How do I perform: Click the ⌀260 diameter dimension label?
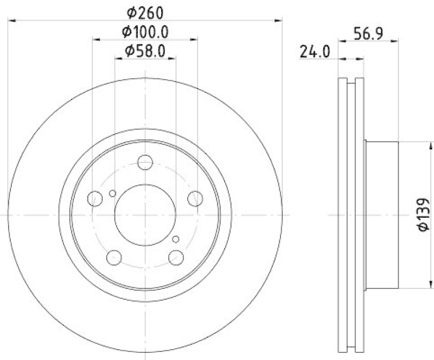click(145, 11)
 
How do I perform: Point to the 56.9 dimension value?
click(369, 32)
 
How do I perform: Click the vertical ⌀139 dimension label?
click(424, 216)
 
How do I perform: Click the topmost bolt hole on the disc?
click(145, 162)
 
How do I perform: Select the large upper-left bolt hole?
click(95, 199)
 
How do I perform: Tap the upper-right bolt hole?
click(195, 199)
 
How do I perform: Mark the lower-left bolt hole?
click(114, 257)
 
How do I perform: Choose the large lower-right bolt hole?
click(176, 257)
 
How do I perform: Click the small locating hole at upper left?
click(112, 193)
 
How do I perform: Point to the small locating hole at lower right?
click(175, 239)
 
